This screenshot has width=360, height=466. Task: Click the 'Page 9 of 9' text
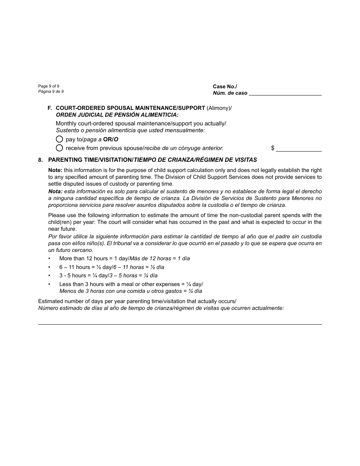(x=49, y=86)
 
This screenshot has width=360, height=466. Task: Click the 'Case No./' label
(x=225, y=87)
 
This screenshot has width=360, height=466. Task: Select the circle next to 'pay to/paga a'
(x=59, y=139)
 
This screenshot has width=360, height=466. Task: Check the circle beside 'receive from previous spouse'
(x=59, y=148)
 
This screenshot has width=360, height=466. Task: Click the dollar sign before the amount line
(x=272, y=149)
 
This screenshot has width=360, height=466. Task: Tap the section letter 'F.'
(x=50, y=108)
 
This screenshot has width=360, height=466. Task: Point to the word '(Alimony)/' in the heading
(x=219, y=108)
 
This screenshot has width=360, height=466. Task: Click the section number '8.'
(x=41, y=160)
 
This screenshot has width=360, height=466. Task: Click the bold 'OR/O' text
(x=111, y=139)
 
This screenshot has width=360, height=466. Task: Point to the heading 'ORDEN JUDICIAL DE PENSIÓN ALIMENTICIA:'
(x=117, y=115)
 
